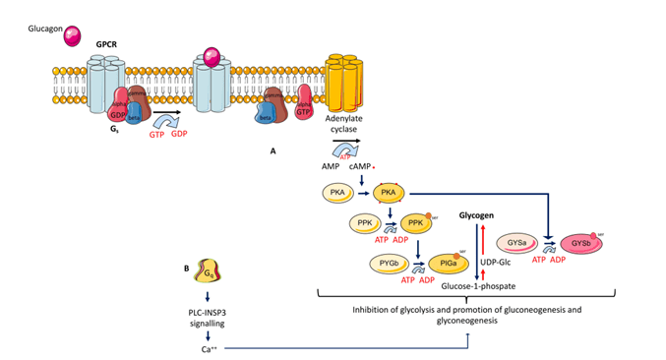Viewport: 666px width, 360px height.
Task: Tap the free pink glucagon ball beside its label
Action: (75, 35)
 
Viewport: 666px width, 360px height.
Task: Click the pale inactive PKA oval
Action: (337, 192)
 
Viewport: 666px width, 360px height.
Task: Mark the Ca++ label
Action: (208, 347)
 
